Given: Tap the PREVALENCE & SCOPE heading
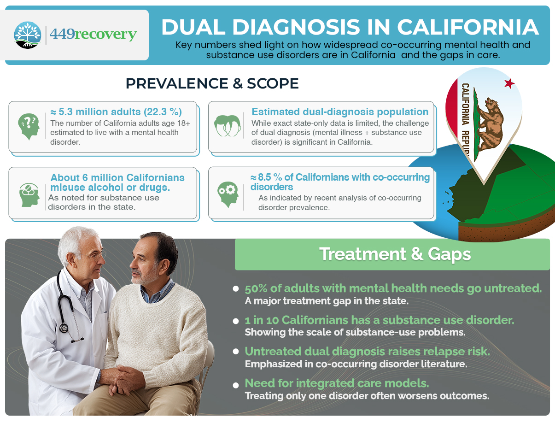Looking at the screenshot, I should pos(212,83).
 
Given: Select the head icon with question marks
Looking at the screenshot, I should pos(28,126).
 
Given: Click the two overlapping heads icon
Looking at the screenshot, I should pos(228,125).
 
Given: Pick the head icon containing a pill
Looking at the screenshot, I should pos(28,194).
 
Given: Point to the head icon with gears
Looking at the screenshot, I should pos(228,194).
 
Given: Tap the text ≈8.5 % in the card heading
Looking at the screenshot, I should pos(265,177).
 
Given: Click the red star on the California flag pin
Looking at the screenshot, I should pos(509,83).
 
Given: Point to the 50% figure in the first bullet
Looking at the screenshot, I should pos(256,289).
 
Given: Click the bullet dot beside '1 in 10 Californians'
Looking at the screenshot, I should pos(236,321).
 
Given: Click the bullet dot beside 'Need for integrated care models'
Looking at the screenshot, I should pos(236,384).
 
